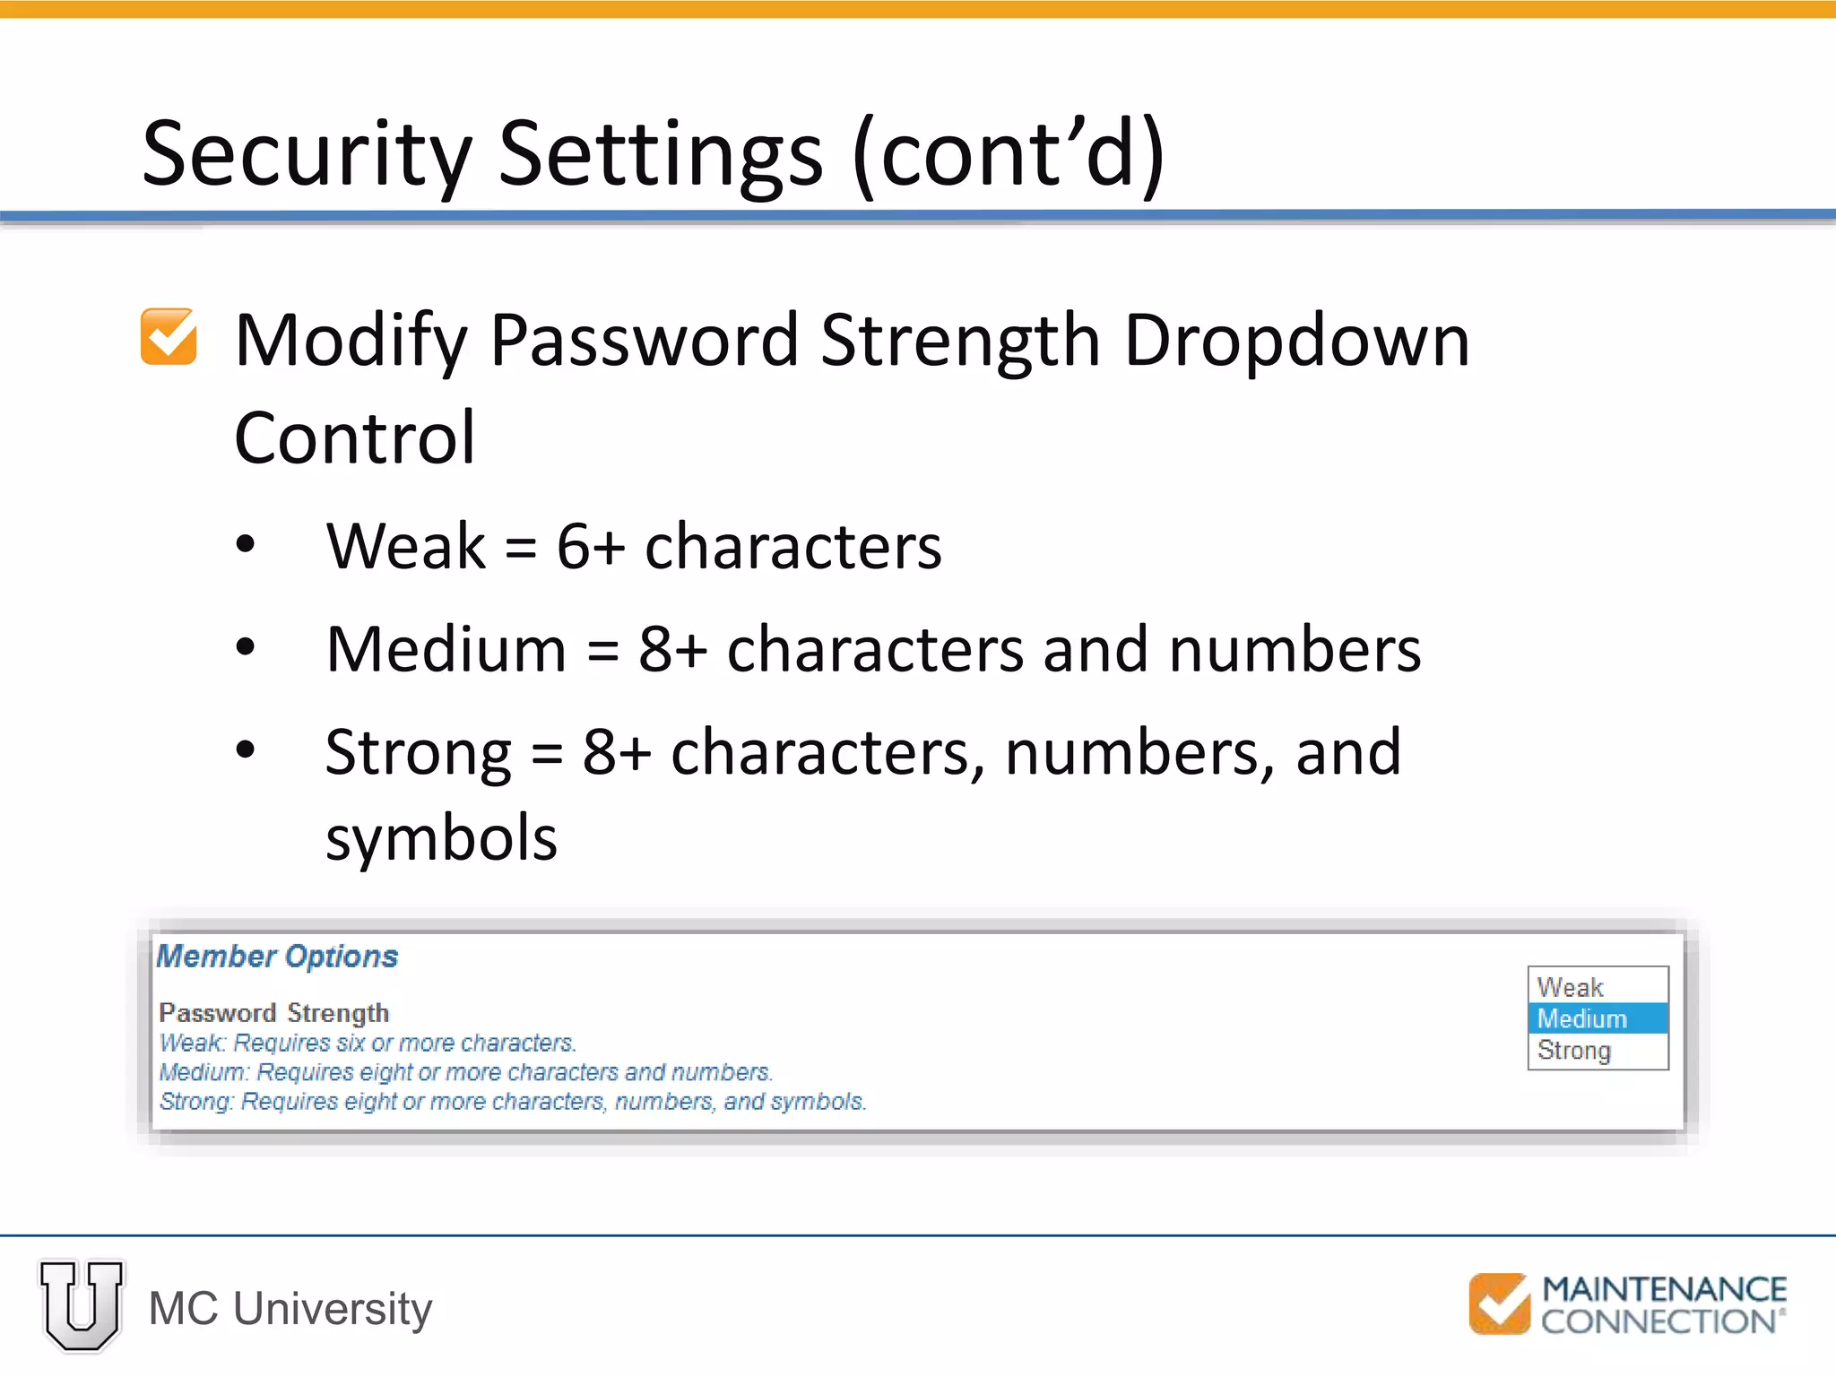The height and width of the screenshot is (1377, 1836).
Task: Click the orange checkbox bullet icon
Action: pos(169,337)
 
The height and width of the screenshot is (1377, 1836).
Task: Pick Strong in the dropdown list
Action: pos(1574,1050)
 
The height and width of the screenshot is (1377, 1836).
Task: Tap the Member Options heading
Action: pos(277,957)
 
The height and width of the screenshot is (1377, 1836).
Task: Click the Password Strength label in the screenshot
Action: pos(273,1013)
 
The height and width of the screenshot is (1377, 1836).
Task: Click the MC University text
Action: pos(290,1308)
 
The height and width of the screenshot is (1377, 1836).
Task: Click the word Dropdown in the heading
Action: pos(1296,341)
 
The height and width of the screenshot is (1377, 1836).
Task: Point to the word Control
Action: pos(355,437)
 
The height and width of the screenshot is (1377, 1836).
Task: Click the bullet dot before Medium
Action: pos(246,647)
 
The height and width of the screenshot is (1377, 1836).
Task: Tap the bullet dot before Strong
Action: pos(246,750)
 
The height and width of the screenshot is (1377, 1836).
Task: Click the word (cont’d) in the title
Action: pos(1009,154)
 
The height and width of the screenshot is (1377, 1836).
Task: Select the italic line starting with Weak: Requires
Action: pos(368,1043)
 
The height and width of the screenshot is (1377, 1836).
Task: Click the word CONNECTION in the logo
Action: pos(1658,1321)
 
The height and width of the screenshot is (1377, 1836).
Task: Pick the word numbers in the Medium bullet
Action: pos(1295,649)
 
